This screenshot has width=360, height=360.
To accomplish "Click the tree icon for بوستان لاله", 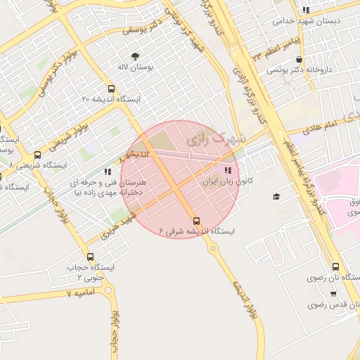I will (x=135, y=56).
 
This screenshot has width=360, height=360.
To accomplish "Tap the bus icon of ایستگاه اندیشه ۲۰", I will (x=112, y=89).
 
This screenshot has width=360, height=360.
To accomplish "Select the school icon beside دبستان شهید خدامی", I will (x=305, y=10).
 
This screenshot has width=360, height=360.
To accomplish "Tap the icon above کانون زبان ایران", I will (x=226, y=170).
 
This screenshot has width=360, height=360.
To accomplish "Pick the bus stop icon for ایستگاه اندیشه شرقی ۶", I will (x=196, y=220).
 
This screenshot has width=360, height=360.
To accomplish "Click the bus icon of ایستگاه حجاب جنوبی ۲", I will (x=90, y=257).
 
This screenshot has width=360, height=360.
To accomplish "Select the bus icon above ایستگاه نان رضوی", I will (x=335, y=266).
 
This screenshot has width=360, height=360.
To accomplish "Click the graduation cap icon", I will (x=276, y=195).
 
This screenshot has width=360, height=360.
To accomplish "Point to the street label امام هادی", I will (x=323, y=127).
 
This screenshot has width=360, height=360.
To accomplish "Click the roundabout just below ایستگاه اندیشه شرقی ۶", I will (x=212, y=248).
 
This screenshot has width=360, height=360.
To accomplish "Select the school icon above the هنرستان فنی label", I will (x=107, y=171).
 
